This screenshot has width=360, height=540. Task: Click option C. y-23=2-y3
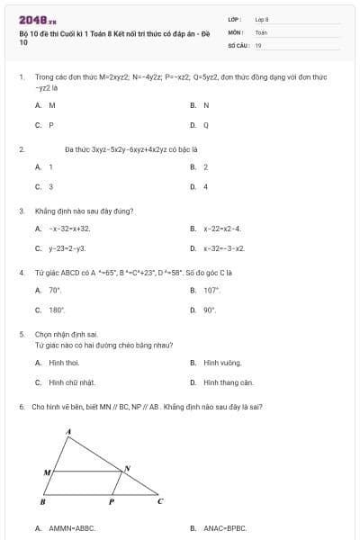point(67,247)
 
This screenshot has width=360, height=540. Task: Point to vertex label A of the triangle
point(69,433)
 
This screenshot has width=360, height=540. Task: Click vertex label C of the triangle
point(160,500)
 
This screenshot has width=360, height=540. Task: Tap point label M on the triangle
point(47,471)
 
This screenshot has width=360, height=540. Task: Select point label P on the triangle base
point(111,502)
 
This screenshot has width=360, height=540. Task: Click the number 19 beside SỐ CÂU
point(258,44)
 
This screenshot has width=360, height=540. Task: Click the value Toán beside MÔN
point(261,31)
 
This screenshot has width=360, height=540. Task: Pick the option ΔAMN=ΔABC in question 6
point(71,528)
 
